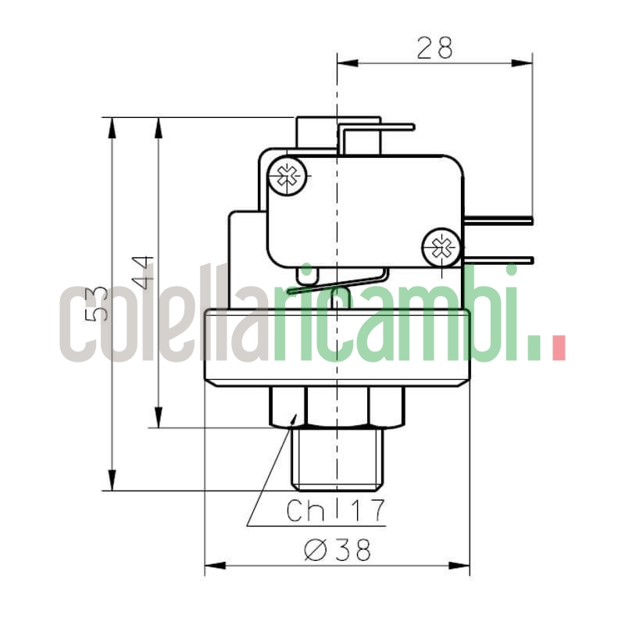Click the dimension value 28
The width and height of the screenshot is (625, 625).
pyautogui.click(x=434, y=48)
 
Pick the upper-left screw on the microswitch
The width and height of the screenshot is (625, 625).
pyautogui.click(x=287, y=177)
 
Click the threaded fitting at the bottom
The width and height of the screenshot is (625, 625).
pyautogui.click(x=337, y=456)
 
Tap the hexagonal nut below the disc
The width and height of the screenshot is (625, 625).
pyautogui.click(x=337, y=407)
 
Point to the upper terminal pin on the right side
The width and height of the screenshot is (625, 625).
pyautogui.click(x=500, y=221)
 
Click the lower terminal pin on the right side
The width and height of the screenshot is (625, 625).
pyautogui.click(x=500, y=260)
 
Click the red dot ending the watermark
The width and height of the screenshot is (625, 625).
pyautogui.click(x=557, y=348)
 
